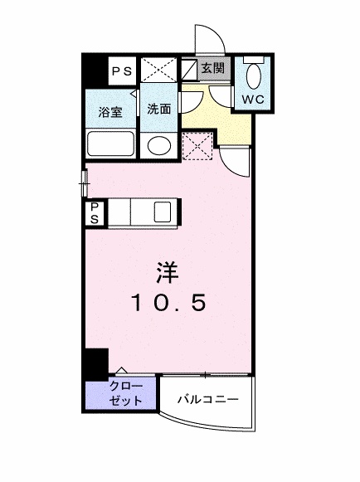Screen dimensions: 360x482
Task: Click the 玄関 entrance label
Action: (212, 68)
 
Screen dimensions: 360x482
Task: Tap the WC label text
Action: (253, 100)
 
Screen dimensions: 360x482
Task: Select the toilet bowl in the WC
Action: (254, 77)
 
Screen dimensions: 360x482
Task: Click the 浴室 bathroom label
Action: (110, 112)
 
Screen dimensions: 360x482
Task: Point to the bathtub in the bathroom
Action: (110, 144)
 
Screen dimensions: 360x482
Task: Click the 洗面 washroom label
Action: (159, 110)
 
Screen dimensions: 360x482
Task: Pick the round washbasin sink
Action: (159, 146)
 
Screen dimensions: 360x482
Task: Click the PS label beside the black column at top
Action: (122, 71)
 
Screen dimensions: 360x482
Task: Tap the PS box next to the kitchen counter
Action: (95, 212)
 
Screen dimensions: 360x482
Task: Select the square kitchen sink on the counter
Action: (163, 212)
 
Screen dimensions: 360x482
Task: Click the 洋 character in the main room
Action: (168, 272)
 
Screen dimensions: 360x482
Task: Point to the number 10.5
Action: (168, 302)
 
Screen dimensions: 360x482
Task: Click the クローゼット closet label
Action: (126, 393)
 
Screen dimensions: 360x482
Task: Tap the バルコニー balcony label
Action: (208, 399)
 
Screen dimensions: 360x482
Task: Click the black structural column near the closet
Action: (96, 364)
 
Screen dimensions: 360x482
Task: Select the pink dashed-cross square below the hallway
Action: (197, 146)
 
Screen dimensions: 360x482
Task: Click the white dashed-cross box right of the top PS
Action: (158, 70)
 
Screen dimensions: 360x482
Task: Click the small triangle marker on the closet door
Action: (122, 370)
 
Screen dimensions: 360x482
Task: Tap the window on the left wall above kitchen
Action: (85, 183)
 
